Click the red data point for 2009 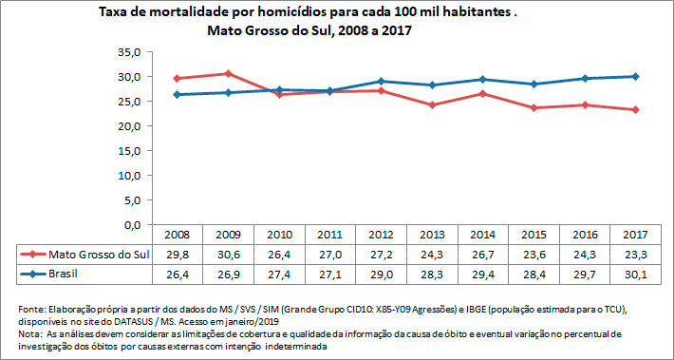click(227, 73)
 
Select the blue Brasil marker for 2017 click(635, 76)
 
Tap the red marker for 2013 click(431, 104)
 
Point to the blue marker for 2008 click(176, 94)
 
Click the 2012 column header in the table click(380, 235)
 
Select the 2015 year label click(533, 235)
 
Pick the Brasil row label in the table click(66, 274)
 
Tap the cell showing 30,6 click(227, 254)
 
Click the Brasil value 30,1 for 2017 click(635, 274)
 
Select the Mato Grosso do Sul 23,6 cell click(533, 254)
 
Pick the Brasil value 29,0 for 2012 click(380, 274)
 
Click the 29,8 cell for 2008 click(176, 254)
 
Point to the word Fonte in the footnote click(33, 311)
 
